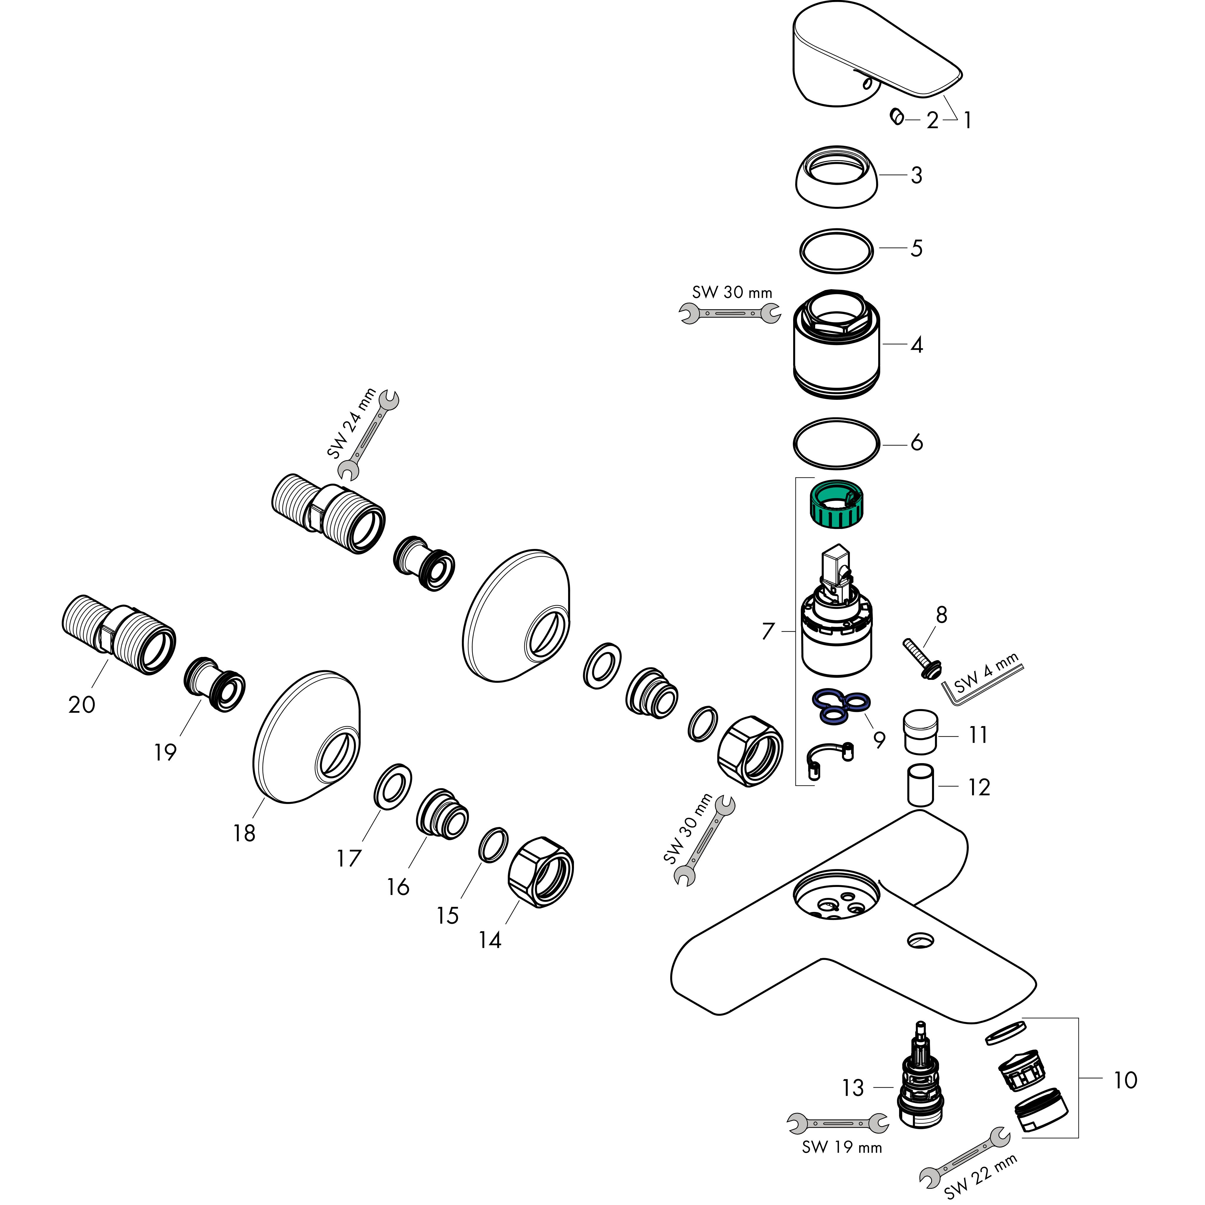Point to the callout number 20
(82, 705)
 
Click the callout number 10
(1125, 1080)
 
